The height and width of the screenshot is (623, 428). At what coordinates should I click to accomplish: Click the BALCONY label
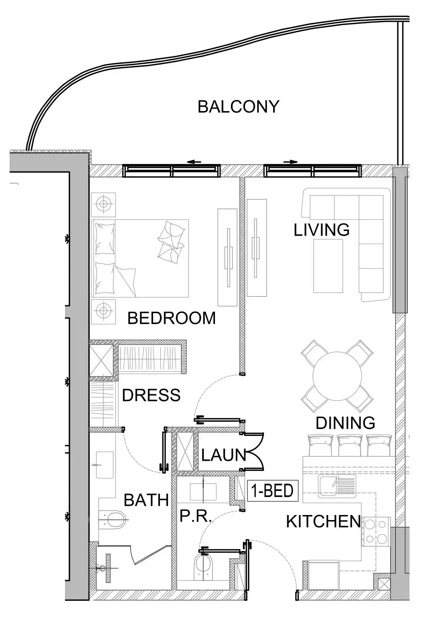(x=238, y=106)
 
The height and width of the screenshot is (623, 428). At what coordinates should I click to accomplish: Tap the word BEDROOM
(x=172, y=318)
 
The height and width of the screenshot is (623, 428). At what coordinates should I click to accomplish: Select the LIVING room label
(x=321, y=230)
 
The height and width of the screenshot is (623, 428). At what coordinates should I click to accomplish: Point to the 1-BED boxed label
(x=273, y=491)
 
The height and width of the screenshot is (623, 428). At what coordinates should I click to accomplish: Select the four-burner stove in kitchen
(x=375, y=532)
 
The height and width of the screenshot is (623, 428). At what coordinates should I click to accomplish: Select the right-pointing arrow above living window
(x=290, y=162)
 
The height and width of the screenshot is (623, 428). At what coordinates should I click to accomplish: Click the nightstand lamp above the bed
(x=103, y=203)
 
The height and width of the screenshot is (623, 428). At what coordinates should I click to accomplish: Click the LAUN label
(x=223, y=455)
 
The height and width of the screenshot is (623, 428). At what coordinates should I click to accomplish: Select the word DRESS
(x=151, y=395)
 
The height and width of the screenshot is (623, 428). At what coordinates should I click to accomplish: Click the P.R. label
(x=196, y=517)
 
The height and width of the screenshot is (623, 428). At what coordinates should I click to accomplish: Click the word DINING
(x=345, y=423)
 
